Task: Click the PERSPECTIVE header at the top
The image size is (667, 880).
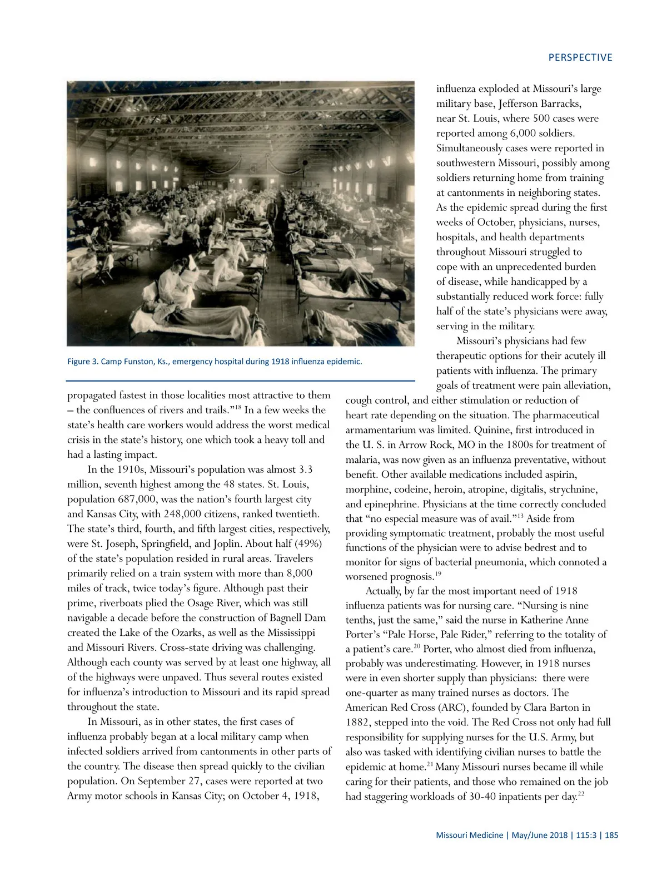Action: coord(580,58)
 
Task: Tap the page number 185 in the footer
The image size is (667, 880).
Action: coord(611,835)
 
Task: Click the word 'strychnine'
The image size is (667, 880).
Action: coord(573,490)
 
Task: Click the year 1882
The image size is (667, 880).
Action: coord(357,723)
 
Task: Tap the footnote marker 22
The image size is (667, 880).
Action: coord(581,793)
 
